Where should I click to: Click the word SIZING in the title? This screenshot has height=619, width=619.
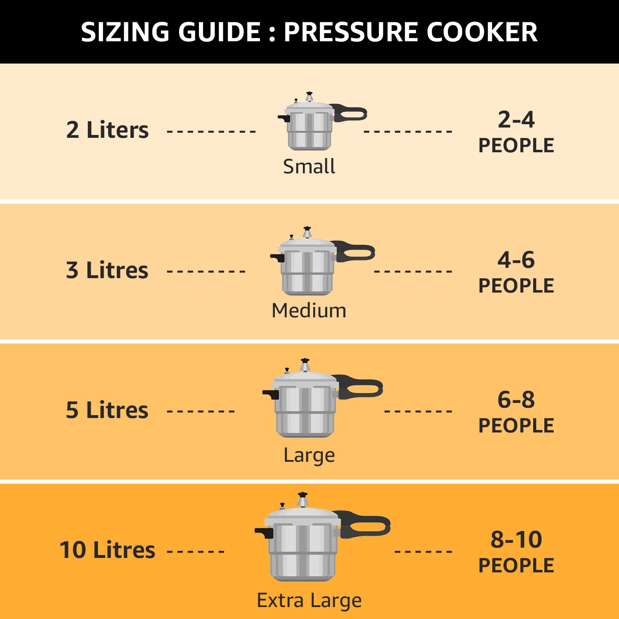pyautogui.click(x=125, y=32)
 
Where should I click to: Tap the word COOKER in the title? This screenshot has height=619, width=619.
pyautogui.click(x=482, y=32)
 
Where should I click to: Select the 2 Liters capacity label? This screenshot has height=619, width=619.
pyautogui.click(x=107, y=130)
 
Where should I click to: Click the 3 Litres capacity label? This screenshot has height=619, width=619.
pyautogui.click(x=107, y=270)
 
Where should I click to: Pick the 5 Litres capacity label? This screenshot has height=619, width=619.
pyautogui.click(x=107, y=410)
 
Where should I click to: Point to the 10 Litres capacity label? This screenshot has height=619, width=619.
pyautogui.click(x=107, y=550)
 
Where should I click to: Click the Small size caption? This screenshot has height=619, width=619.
pyautogui.click(x=309, y=166)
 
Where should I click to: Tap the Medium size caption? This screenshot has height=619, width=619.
pyautogui.click(x=309, y=310)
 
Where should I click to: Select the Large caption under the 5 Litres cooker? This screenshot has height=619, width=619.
pyautogui.click(x=309, y=455)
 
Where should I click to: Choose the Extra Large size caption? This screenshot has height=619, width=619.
pyautogui.click(x=309, y=600)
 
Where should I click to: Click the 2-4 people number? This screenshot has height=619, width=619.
pyautogui.click(x=516, y=120)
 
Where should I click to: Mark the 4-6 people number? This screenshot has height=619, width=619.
pyautogui.click(x=516, y=260)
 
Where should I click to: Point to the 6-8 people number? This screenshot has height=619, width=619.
pyautogui.click(x=516, y=400)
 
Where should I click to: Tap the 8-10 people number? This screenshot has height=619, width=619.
pyautogui.click(x=516, y=540)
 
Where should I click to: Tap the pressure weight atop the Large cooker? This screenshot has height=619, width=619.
pyautogui.click(x=305, y=365)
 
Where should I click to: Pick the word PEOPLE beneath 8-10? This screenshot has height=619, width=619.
pyautogui.click(x=516, y=565)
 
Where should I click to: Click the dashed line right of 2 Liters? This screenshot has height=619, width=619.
pyautogui.click(x=211, y=132)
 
